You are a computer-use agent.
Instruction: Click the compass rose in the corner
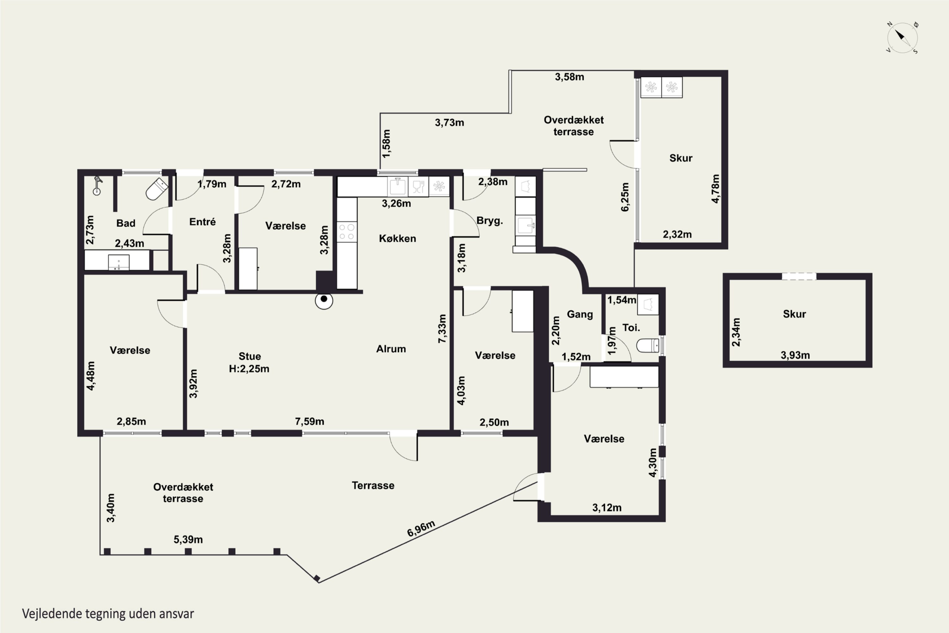tap(902, 38)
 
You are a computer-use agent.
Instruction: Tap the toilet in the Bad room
tap(157, 189)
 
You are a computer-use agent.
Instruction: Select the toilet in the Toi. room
tap(648, 346)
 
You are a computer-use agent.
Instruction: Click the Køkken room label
tap(397, 239)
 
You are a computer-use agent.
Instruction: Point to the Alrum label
tap(391, 349)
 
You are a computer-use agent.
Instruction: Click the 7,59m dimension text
tap(309, 422)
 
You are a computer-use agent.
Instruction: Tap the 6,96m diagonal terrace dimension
tap(421, 529)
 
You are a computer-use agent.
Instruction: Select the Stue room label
tap(250, 356)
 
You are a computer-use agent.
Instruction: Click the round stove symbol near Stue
tap(324, 300)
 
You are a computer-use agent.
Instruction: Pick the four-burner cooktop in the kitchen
tap(347, 232)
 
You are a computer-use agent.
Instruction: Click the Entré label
tap(202, 222)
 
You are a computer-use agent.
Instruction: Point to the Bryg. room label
tap(490, 221)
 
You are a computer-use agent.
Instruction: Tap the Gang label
tap(580, 315)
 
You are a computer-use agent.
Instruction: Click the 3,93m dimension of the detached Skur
tap(795, 355)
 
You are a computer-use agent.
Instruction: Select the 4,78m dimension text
tap(715, 189)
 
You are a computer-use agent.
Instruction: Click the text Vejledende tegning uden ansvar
tap(108, 614)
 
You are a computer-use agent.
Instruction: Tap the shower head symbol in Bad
tap(97, 186)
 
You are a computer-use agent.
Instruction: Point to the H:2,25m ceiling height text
tap(249, 369)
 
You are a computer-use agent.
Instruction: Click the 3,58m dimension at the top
tap(569, 77)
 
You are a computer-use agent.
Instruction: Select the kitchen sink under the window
tap(397, 186)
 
